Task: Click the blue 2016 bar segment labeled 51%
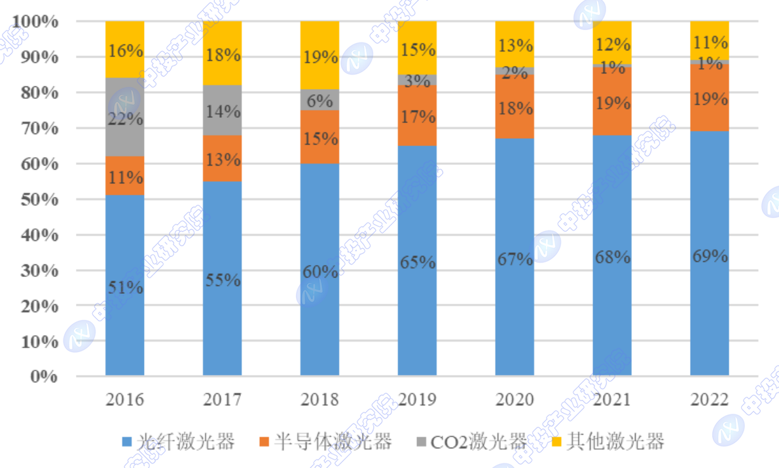tap(124, 285)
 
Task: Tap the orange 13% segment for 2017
tap(222, 158)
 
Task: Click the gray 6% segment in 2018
tap(319, 99)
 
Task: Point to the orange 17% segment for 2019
tap(417, 115)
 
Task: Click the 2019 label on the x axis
tap(417, 399)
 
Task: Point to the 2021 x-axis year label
tap(612, 399)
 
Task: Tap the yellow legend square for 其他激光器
tap(557, 442)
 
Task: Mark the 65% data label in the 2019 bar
tap(417, 262)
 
